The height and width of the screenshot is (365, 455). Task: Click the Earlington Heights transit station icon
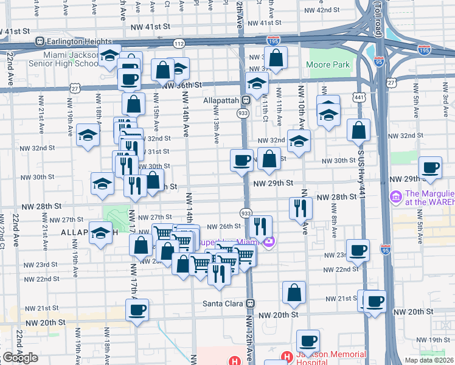point(40,41)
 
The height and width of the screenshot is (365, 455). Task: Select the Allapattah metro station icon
point(246,100)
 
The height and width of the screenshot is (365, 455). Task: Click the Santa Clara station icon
point(250,303)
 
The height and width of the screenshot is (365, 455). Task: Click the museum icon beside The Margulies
point(395,198)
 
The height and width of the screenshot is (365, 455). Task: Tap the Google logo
point(20,358)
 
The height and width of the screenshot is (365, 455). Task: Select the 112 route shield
point(178,44)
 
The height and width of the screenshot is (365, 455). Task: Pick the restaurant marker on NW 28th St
point(300,207)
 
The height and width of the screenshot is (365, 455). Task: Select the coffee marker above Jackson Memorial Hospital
point(308,340)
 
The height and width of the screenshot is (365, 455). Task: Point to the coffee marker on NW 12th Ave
point(241,160)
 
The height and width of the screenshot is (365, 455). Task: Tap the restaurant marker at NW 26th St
point(260,226)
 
